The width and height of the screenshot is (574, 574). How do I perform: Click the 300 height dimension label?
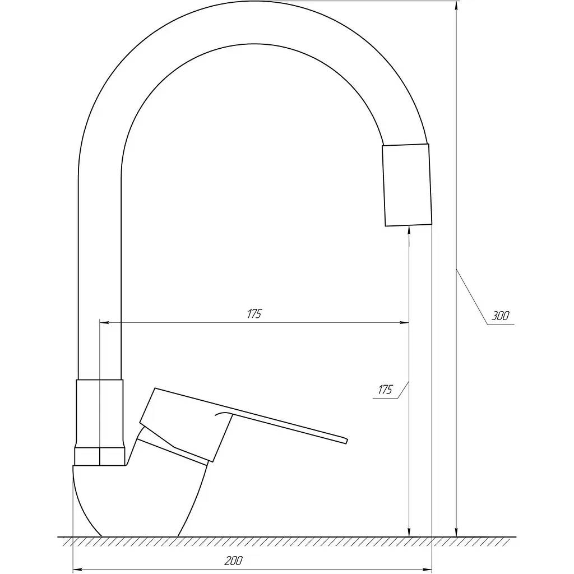(499, 316)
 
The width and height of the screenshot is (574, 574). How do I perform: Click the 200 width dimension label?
(234, 561)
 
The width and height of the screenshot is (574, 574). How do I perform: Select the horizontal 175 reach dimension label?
(254, 314)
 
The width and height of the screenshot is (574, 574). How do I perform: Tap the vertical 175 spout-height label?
(385, 390)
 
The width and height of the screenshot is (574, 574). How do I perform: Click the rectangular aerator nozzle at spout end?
(407, 185)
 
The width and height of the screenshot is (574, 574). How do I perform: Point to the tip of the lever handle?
(346, 441)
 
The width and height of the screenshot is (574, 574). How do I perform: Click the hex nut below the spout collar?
(100, 456)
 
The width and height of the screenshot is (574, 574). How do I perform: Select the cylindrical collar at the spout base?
(100, 413)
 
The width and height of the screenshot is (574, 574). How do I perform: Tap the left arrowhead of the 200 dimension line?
(77, 570)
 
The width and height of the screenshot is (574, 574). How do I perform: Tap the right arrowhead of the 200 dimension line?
(428, 570)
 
